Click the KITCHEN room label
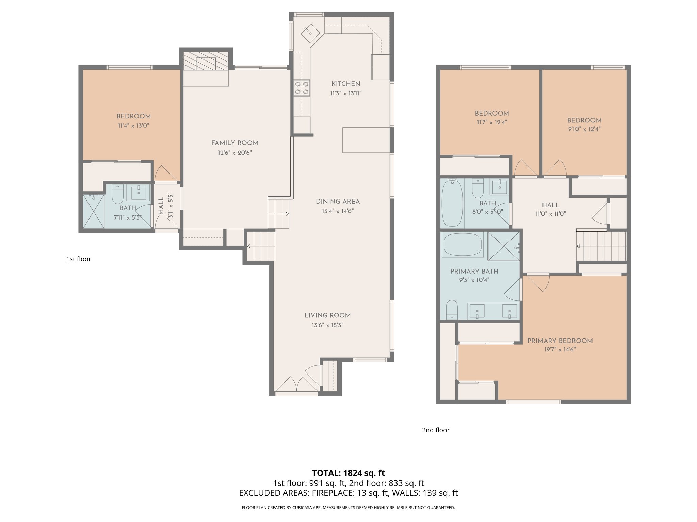pos(346,84)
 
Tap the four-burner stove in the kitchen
pos(302,88)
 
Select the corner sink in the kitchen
pos(310,33)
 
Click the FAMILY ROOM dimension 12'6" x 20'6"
pos(235,153)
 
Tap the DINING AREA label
pos(338,202)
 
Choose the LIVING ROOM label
pos(327,315)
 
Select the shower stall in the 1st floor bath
pos(94,211)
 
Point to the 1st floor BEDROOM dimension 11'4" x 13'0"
pos(133,126)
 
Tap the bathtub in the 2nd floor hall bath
pos(452,203)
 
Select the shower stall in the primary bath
pos(503,246)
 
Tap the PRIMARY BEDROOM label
pos(560,341)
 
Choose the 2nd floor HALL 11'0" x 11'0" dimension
pos(550,214)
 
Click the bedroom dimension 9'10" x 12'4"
pos(584,129)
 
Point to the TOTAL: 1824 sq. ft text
pos(348,473)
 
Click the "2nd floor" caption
pos(436,430)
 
